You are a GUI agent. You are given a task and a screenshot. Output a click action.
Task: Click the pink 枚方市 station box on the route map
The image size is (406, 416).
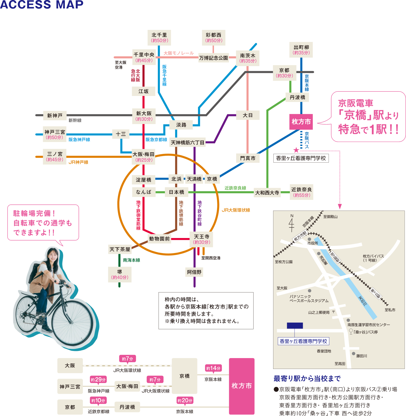click(x=301, y=122)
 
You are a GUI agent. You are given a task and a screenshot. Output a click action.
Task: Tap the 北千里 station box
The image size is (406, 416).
click(x=159, y=38)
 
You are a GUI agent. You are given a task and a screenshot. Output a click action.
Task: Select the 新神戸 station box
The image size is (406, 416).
click(x=55, y=116)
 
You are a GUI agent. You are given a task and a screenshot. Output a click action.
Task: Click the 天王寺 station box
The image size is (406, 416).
click(x=201, y=239)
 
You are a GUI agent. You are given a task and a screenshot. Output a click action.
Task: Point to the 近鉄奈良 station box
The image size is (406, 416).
click(x=301, y=192)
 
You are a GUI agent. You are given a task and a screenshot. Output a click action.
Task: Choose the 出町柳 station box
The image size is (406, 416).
click(x=301, y=50)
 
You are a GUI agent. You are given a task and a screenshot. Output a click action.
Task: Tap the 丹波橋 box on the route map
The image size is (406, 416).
click(x=297, y=97)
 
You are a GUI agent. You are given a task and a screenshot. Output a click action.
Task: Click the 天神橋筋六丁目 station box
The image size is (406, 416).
click(x=187, y=143)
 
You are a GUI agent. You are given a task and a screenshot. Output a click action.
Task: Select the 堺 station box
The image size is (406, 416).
click(x=120, y=275)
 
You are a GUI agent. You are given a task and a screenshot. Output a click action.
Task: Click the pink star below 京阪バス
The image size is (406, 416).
click(x=296, y=150)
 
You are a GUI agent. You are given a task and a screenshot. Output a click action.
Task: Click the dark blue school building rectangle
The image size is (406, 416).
click(x=295, y=325)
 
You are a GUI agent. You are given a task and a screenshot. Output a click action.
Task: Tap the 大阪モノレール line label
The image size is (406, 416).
click(x=178, y=53)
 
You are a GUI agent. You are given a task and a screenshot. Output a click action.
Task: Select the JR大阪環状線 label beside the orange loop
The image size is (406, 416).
click(x=236, y=210)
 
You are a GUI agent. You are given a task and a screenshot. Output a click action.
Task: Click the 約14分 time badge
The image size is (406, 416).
click(x=213, y=368)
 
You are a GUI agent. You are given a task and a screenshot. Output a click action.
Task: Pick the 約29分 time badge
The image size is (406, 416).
click(x=98, y=380)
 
